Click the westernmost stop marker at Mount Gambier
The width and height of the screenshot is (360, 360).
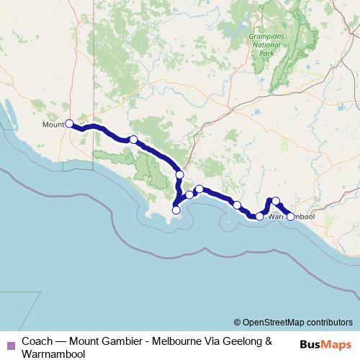(69, 123)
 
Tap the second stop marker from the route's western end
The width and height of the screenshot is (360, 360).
(133, 140)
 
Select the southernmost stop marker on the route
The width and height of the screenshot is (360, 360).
(176, 210)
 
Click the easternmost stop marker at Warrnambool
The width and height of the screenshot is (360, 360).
(291, 216)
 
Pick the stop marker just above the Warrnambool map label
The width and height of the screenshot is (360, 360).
(276, 202)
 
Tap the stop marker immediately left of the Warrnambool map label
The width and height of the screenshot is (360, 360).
(260, 216)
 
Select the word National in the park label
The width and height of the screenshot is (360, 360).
(264, 44)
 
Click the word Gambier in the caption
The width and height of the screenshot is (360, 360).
(114, 341)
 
